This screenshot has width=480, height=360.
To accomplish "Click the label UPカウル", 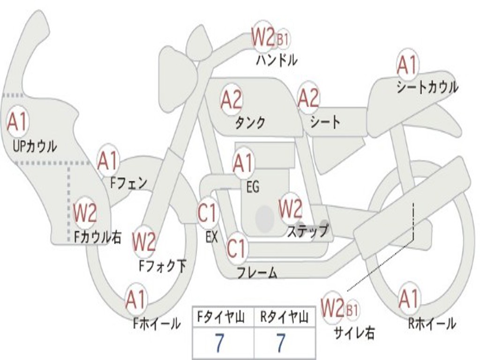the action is click(35, 146).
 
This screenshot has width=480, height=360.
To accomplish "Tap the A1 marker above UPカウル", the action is click(17, 122).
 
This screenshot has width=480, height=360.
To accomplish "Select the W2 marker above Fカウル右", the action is click(85, 212).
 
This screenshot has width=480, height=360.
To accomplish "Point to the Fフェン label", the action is click(128, 183).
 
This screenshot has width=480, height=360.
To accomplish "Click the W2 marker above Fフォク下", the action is click(144, 242).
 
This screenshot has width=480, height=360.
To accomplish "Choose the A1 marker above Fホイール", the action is click(135, 300).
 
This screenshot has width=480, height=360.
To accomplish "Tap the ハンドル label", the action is click(277, 60).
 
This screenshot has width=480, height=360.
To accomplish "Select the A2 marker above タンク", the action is click(231, 99).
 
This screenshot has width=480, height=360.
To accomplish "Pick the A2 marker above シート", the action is click(308, 98).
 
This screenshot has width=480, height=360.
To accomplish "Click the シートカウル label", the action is click(427, 87).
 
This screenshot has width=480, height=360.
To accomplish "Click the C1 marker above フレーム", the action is click(237, 248).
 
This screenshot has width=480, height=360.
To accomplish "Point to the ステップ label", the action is click(308, 231).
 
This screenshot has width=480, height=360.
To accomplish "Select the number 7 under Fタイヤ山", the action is click(219, 343).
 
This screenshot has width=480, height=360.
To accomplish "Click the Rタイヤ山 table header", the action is click(284, 317).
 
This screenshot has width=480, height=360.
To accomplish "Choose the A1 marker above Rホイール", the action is click(409, 299).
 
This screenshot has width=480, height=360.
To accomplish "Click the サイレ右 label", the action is click(354, 333).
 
